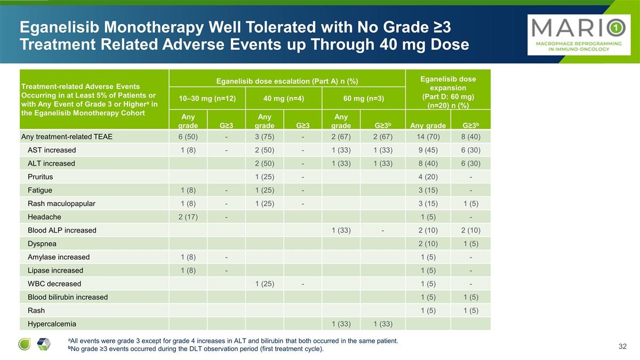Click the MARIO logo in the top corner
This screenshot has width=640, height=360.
579,35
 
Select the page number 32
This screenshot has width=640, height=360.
622,346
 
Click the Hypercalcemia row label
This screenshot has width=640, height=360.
52,324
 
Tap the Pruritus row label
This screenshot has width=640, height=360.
41,177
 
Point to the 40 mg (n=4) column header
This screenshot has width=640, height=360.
284,98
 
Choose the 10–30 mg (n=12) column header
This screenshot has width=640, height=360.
207,98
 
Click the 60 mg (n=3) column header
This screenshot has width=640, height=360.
363,98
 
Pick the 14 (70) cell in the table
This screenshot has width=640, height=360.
428,137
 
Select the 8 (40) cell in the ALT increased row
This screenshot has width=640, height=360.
428,163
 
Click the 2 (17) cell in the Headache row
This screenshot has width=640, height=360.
188,217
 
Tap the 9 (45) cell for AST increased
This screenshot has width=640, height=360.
428,150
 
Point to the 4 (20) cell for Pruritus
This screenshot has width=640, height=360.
428,177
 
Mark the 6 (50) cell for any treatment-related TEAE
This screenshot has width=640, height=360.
188,137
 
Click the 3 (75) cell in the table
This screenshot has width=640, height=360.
265,137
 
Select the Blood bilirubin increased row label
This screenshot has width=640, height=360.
68,297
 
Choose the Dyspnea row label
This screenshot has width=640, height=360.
42,244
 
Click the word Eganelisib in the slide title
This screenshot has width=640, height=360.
59,27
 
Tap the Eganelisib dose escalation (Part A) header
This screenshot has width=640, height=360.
287,81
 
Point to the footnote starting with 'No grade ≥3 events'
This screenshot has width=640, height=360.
196,349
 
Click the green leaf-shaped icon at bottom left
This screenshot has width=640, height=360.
25,344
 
